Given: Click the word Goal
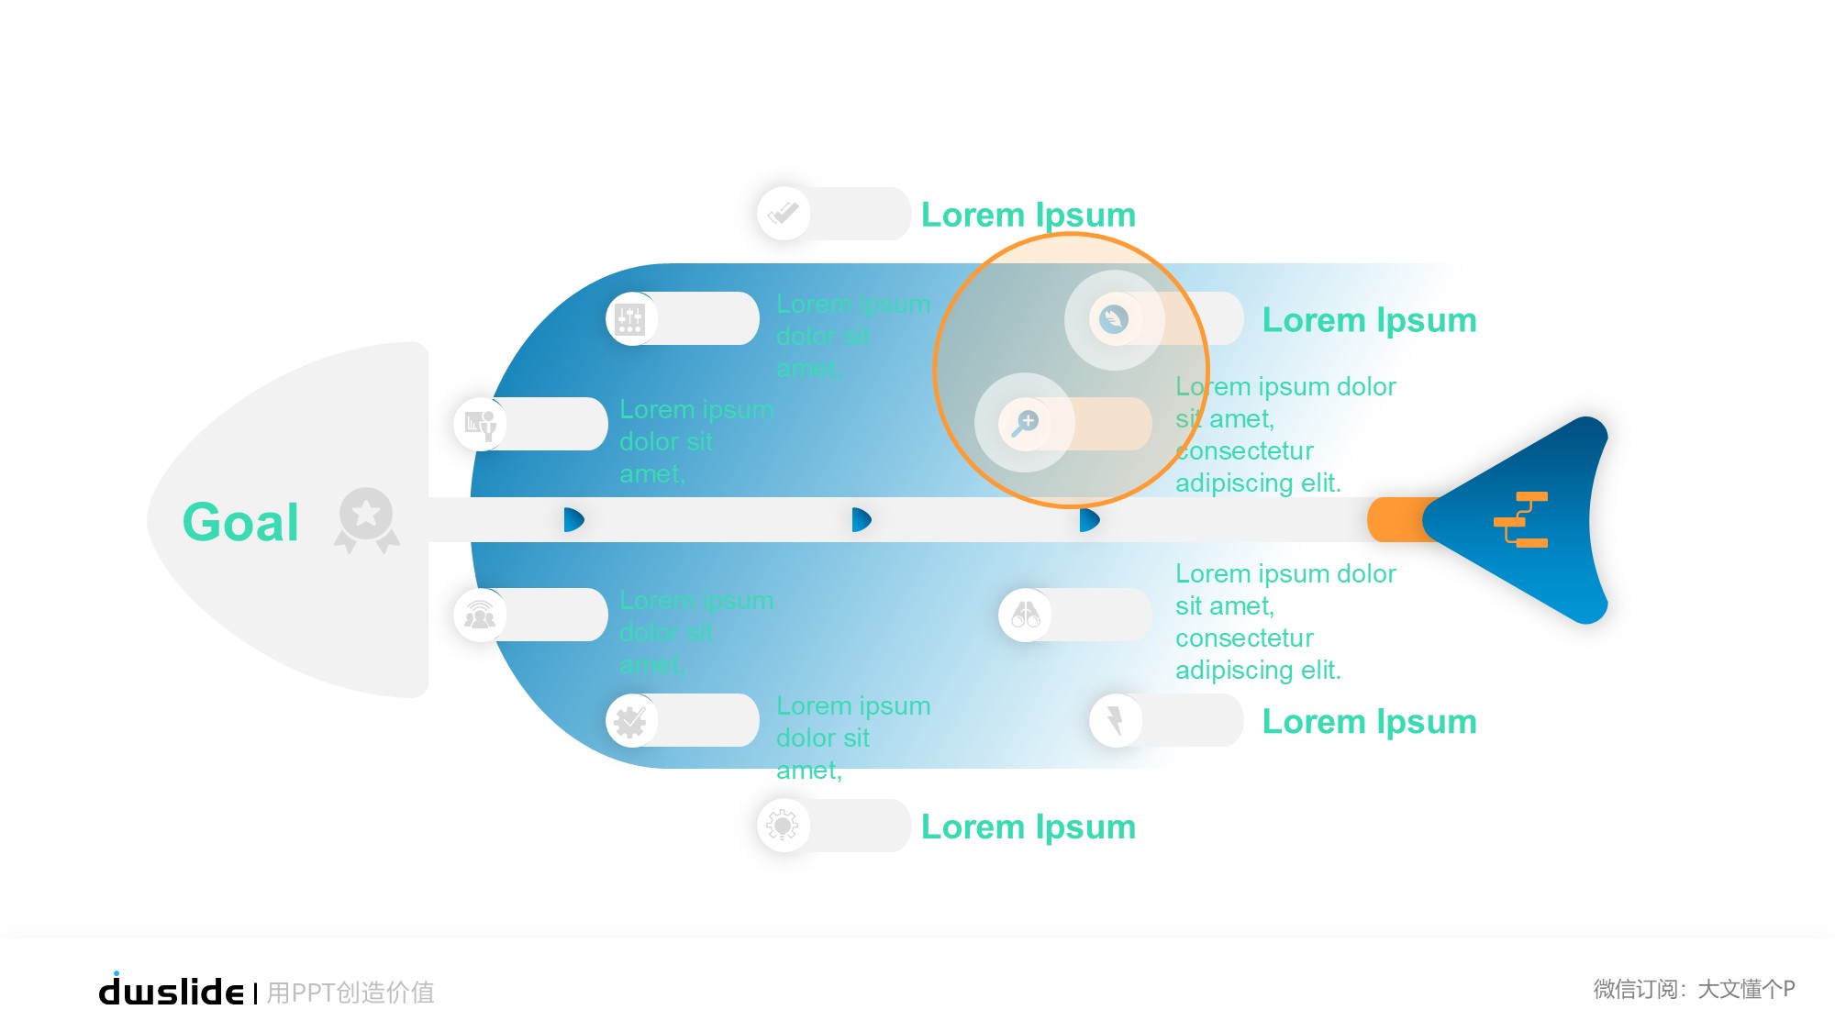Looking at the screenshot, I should [x=240, y=522].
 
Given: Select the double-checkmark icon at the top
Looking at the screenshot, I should [x=784, y=214].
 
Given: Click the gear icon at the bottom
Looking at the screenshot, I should [x=783, y=826].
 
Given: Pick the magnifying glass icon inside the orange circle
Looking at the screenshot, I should [x=1024, y=423].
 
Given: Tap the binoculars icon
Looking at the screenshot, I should [x=1025, y=614].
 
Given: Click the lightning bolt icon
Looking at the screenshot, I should [x=1115, y=720].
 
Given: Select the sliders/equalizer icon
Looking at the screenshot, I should [x=630, y=319].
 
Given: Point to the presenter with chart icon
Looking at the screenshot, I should [x=480, y=424].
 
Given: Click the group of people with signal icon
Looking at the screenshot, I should [x=480, y=614].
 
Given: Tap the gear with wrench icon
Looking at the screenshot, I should [x=630, y=721].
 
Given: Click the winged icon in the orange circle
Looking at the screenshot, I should [x=1114, y=319].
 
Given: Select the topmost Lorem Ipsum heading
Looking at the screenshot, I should [x=1028, y=215].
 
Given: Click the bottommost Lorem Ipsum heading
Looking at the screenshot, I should [x=1028, y=827].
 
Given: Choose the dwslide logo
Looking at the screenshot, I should [x=171, y=991].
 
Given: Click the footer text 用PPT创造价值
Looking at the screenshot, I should [x=350, y=993].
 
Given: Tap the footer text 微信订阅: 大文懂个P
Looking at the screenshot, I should [x=1694, y=989].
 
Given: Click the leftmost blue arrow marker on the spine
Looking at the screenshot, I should [x=573, y=520].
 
